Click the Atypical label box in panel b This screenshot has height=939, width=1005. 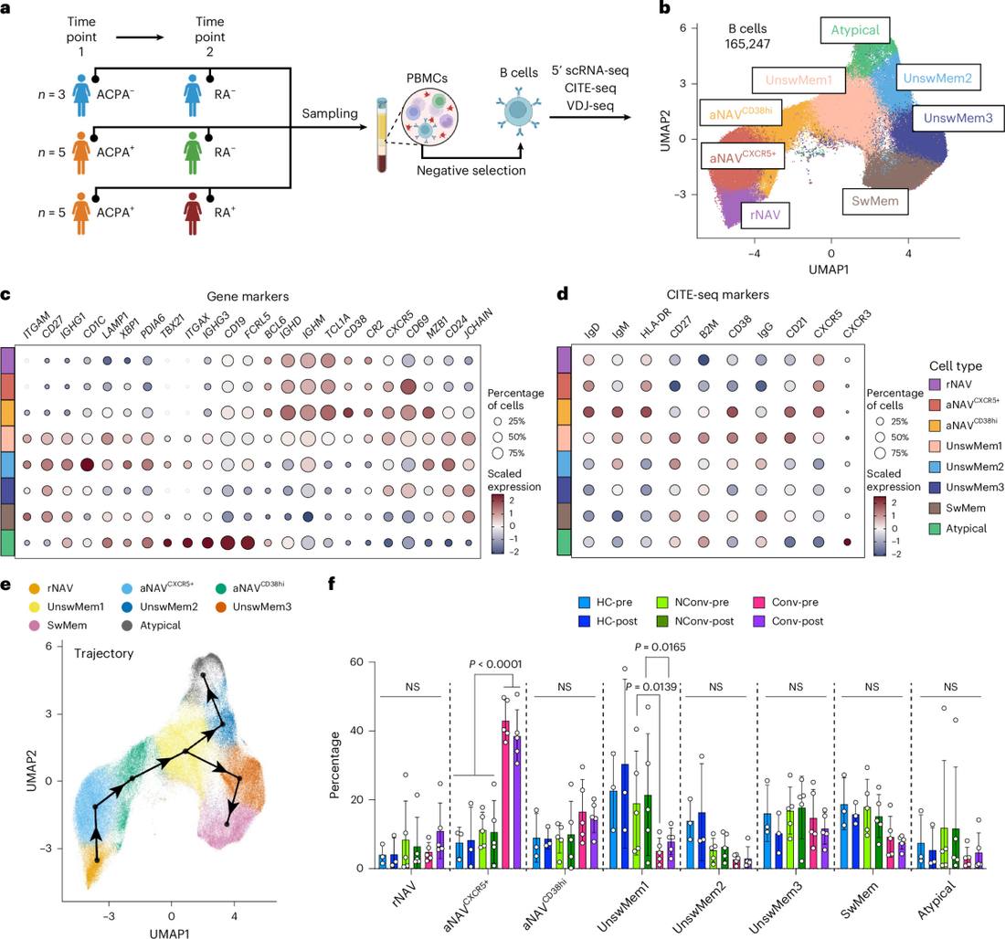click(855, 30)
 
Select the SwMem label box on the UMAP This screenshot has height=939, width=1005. click(875, 201)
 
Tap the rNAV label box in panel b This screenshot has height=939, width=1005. click(766, 215)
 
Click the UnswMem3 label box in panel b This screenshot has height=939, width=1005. click(957, 118)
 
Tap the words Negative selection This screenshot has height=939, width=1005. click(471, 171)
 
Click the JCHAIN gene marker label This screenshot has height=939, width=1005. click(478, 322)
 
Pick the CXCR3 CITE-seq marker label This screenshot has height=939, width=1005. click(856, 323)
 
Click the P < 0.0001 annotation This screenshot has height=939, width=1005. click(495, 664)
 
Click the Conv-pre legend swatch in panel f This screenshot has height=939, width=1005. click(759, 603)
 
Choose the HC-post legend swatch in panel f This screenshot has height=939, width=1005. click(584, 621)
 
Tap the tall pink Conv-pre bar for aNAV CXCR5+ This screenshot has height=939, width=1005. click(506, 794)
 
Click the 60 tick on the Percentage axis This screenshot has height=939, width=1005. click(355, 662)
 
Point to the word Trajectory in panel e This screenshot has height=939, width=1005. click(104, 653)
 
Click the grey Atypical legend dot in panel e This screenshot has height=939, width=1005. click(127, 626)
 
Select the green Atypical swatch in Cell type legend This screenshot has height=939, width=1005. click(935, 529)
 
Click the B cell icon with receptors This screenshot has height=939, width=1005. click(518, 110)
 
